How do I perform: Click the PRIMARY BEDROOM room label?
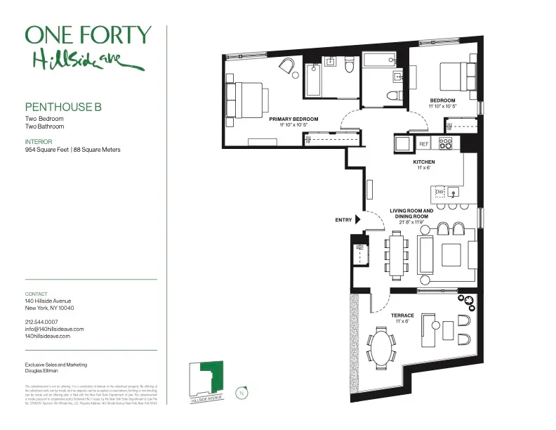tap(293, 119)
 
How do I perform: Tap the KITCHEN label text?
tap(424, 162)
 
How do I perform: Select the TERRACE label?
tap(402, 315)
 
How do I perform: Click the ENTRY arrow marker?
tap(358, 220)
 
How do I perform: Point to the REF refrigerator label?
tap(423, 144)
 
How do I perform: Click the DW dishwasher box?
tap(439, 192)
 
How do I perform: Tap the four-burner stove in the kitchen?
tap(446, 143)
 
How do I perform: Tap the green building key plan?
tap(207, 379)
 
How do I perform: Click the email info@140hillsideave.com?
tap(55, 329)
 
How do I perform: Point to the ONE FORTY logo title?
tap(88, 35)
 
